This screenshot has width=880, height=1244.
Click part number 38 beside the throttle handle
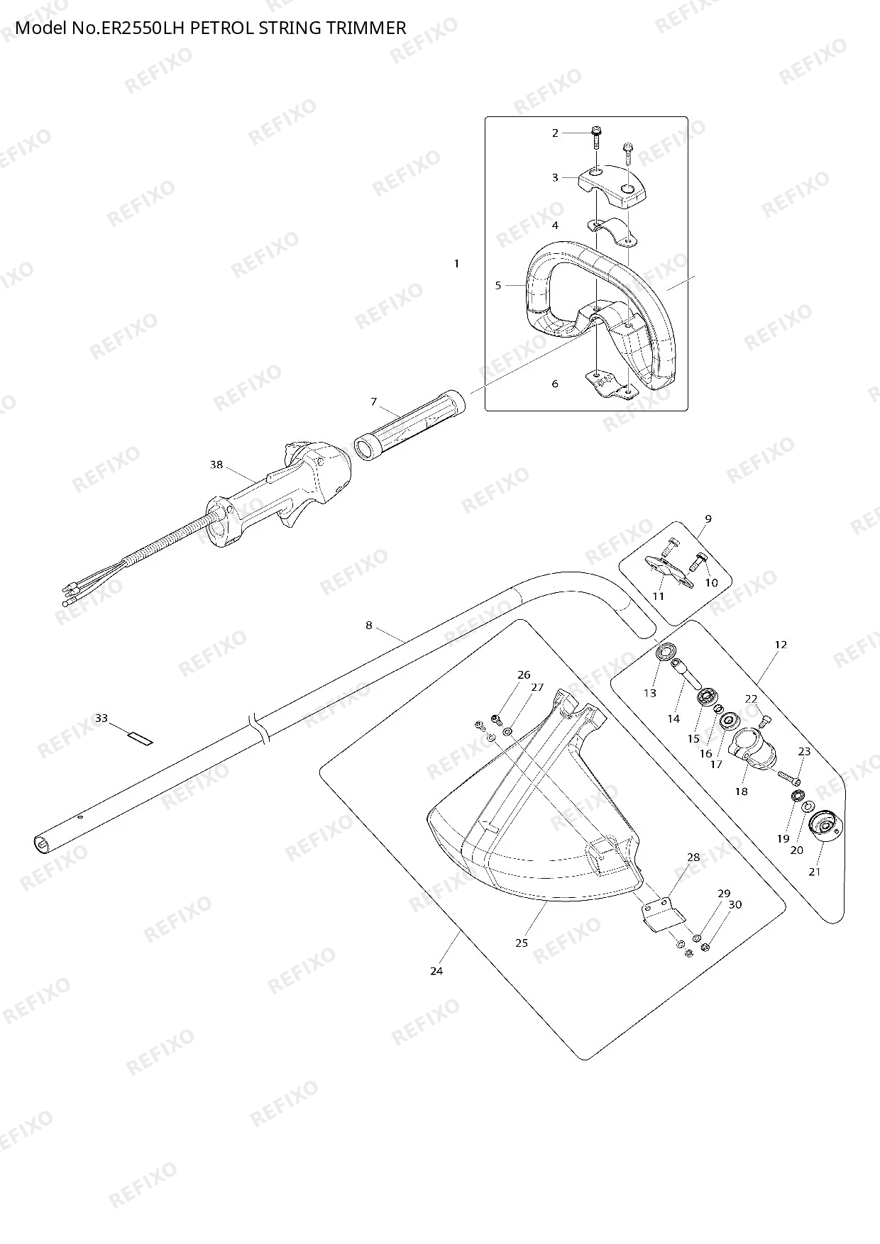coord(216,465)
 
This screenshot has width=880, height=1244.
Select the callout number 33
coord(101,718)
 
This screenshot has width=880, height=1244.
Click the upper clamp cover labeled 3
coord(614,187)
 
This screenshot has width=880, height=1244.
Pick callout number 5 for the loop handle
coord(498,286)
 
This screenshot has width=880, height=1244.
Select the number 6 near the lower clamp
coord(555,384)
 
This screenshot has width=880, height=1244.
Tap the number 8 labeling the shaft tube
coord(369,626)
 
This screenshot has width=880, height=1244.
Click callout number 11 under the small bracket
coord(659,596)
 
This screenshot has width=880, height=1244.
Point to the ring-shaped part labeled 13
coord(666,651)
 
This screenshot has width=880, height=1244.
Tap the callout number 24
coord(436,971)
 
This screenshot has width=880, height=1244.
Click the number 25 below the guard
coord(522,943)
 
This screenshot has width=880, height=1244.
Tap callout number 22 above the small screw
coord(752,699)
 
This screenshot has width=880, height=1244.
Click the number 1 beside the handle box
coord(456,264)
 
